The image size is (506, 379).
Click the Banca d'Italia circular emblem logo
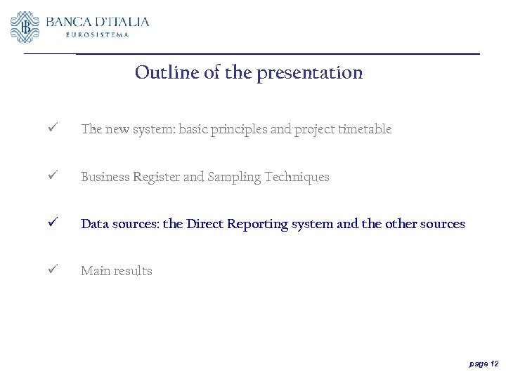tap(25, 27)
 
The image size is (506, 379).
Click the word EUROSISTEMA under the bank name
tap(98, 34)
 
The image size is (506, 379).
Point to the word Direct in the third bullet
tap(205, 224)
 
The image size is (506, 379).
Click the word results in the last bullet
tap(134, 271)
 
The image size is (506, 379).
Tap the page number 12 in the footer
tap(494, 364)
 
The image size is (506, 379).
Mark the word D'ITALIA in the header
tap(124, 22)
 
